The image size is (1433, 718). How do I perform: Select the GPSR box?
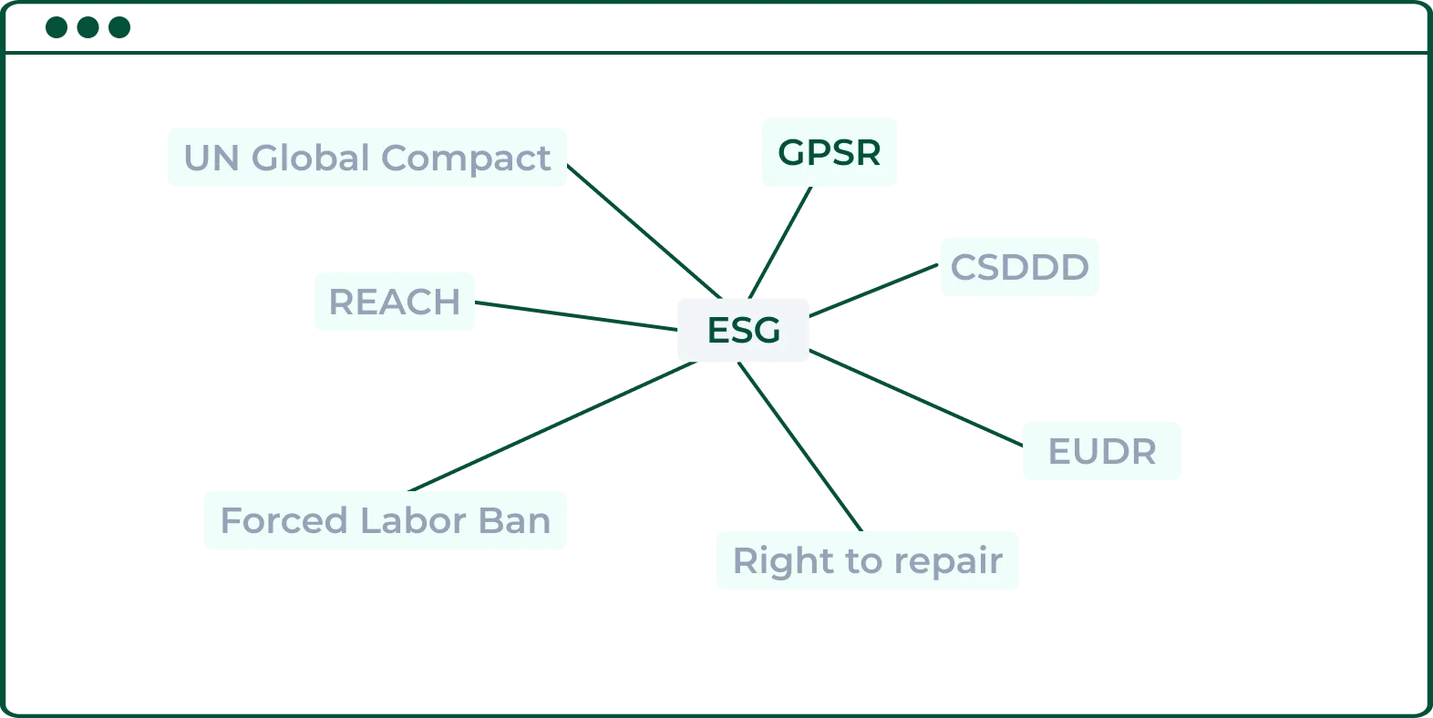[x=828, y=153]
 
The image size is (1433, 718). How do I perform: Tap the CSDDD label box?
[x=1020, y=266]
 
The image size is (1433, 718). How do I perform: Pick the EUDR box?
[x=1100, y=448]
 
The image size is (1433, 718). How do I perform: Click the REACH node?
[x=395, y=302]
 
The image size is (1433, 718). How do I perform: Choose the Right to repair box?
[x=867, y=558]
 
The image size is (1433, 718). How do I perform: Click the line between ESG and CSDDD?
[x=873, y=291]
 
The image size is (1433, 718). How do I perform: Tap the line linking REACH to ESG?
[x=574, y=315]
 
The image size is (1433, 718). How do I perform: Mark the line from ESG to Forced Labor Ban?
[x=552, y=426]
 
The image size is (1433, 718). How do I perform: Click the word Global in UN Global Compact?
[x=310, y=158]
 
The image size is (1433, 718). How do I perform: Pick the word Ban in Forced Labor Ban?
[x=517, y=521]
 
